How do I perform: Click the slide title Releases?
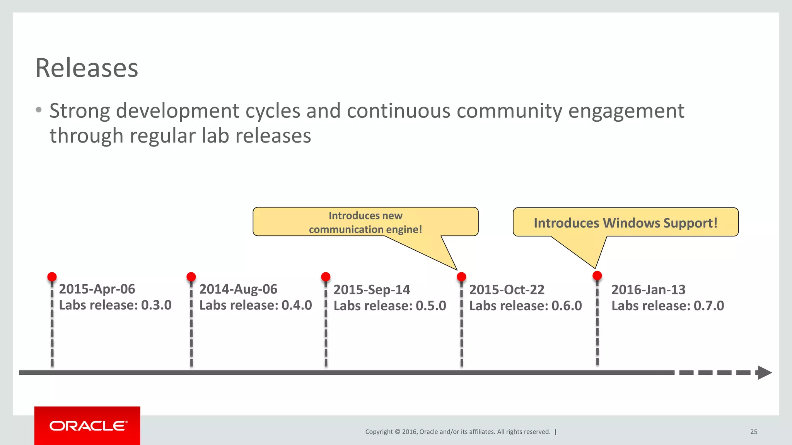click(x=87, y=68)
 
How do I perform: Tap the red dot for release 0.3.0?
click(x=52, y=277)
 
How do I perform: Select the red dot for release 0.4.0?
click(x=191, y=277)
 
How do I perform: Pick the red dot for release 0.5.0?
click(x=326, y=277)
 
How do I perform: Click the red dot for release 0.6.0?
click(x=461, y=277)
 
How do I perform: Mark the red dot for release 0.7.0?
click(x=597, y=275)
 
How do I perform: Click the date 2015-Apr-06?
click(x=97, y=289)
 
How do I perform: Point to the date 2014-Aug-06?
click(x=238, y=289)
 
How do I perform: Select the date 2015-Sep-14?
click(x=372, y=290)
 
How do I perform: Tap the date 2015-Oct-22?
click(x=507, y=290)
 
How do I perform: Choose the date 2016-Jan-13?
click(x=649, y=290)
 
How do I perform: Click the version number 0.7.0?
click(x=708, y=306)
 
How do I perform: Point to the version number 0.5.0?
click(x=431, y=306)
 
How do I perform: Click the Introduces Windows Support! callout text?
click(x=625, y=223)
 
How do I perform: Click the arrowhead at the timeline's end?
click(x=764, y=373)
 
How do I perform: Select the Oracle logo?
click(x=88, y=426)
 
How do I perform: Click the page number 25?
click(x=754, y=432)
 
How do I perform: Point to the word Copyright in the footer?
click(x=379, y=432)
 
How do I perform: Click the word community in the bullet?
click(x=509, y=111)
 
